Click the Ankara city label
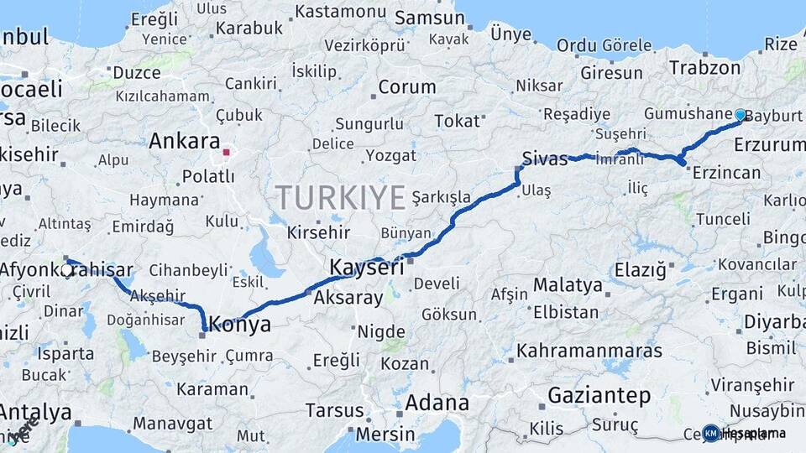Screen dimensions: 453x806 pyautogui.click(x=184, y=142)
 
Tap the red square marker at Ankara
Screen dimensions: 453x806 pyautogui.click(x=226, y=153)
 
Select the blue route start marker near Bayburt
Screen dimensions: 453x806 pyautogui.click(x=740, y=115)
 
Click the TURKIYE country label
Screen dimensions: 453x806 pyautogui.click(x=341, y=197)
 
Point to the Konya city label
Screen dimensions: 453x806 pyautogui.click(x=240, y=325)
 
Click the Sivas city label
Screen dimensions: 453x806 pyautogui.click(x=545, y=158)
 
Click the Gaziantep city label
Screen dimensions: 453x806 pyautogui.click(x=599, y=395)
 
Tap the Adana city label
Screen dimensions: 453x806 pyautogui.click(x=437, y=403)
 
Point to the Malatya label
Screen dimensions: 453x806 pyautogui.click(x=568, y=285)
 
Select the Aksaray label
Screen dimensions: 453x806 pyautogui.click(x=348, y=297)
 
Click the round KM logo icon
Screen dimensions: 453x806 pyautogui.click(x=711, y=433)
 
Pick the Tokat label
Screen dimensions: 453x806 pyautogui.click(x=457, y=121)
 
